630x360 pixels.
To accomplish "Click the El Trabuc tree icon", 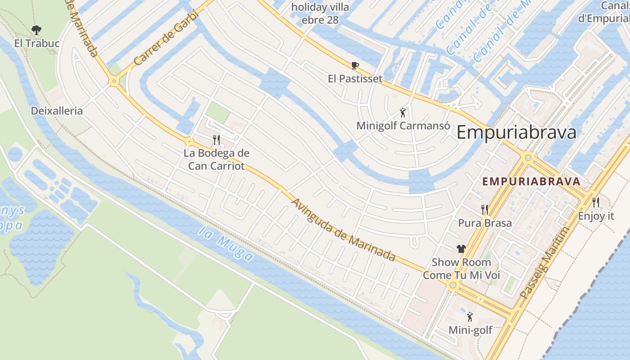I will [36, 30].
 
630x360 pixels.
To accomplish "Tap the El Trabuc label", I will [37, 43].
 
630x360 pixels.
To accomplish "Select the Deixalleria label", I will [57, 111].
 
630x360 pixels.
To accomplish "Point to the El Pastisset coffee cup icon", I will [355, 66].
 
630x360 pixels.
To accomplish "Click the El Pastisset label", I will [355, 79].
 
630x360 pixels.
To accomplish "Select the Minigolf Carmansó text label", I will [403, 126].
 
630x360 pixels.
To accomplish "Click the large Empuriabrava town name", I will [516, 133].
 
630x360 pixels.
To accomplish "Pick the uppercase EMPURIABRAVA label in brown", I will [531, 181].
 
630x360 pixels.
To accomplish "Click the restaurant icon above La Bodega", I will [216, 139].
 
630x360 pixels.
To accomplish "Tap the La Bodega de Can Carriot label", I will [216, 159].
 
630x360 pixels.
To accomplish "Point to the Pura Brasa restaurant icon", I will [485, 209].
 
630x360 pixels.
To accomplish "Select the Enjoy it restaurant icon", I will [596, 202].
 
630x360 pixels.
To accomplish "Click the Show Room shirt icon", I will [461, 248].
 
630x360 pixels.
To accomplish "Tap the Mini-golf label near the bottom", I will [470, 330].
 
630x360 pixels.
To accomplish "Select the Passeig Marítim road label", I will [544, 263].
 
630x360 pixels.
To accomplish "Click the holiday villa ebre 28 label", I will [320, 13].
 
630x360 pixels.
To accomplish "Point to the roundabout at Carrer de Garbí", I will [113, 81].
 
